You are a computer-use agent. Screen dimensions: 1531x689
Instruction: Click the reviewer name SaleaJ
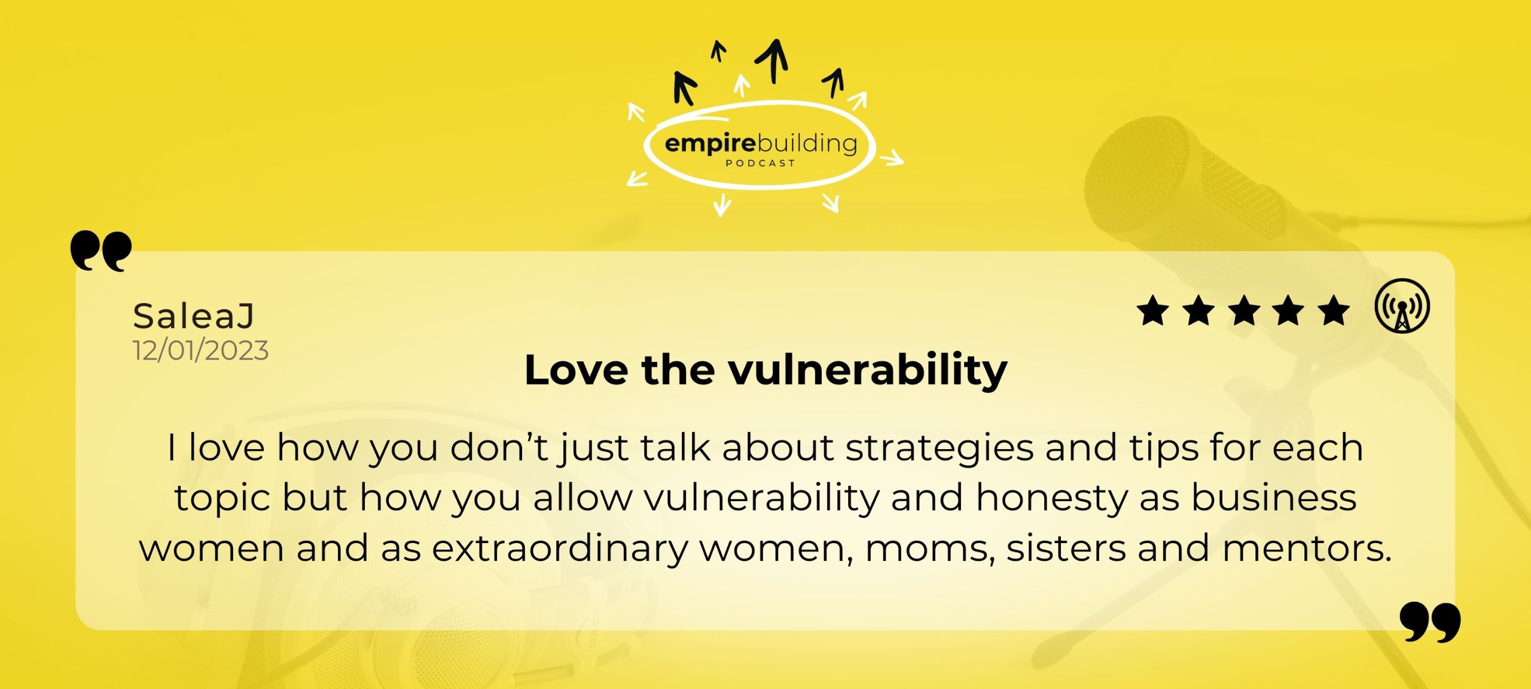pos(194,316)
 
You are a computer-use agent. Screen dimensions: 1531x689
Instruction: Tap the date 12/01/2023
pos(200,350)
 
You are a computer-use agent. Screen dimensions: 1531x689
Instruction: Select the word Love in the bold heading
pos(577,370)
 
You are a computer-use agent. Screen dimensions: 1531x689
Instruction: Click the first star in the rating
pos(1152,311)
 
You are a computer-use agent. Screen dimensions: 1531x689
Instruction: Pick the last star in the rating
pos(1334,311)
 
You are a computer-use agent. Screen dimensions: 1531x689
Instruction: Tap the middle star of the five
pos(1244,311)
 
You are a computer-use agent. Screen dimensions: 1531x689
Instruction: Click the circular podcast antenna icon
pos(1402,306)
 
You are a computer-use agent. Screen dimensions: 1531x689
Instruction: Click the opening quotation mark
pos(101,251)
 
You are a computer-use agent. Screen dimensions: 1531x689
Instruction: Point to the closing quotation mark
pos(1430,622)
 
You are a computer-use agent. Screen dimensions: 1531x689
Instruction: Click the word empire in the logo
pos(710,144)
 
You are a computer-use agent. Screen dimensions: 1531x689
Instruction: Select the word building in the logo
pos(807,144)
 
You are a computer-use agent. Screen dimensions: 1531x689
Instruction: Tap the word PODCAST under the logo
pos(760,163)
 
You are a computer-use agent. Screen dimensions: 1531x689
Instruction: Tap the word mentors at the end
pos(1307,548)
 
